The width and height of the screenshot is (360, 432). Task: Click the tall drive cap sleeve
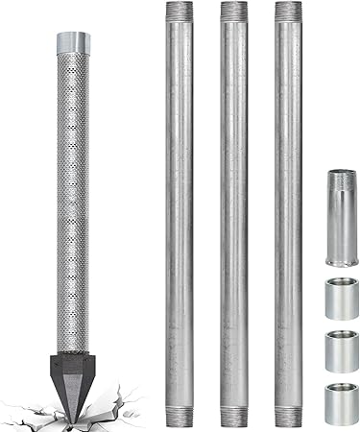[x=339, y=216]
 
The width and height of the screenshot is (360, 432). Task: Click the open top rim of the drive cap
[x=339, y=174]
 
